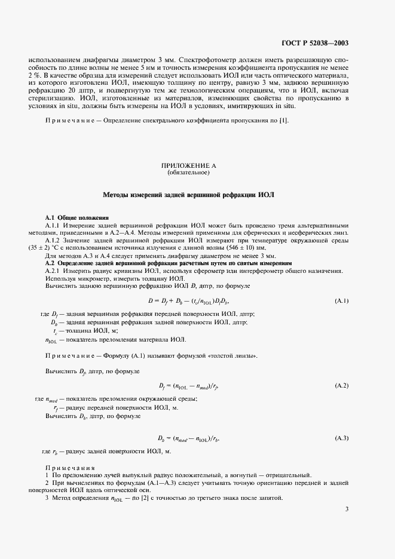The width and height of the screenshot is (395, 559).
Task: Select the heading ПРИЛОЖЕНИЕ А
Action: click(188, 165)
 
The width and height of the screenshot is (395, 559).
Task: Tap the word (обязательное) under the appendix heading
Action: click(188, 173)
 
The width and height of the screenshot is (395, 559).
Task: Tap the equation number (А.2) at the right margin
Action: click(341, 385)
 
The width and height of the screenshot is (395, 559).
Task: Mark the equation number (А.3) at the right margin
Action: click(341, 438)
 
